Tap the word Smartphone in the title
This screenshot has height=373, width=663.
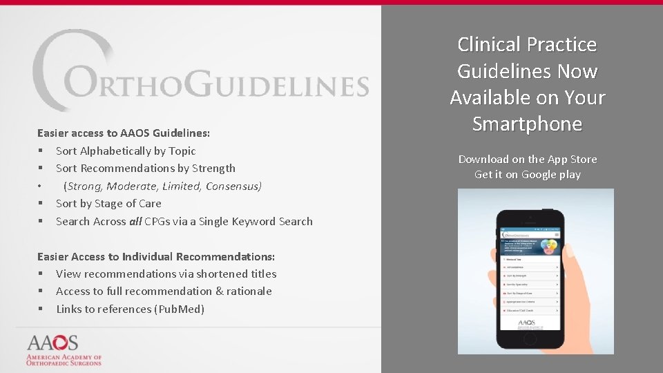pyautogui.click(x=527, y=124)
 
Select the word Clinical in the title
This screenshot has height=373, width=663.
pyautogui.click(x=490, y=45)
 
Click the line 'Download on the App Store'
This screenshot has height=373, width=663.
pyautogui.click(x=528, y=160)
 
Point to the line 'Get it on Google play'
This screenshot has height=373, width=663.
pyautogui.click(x=528, y=175)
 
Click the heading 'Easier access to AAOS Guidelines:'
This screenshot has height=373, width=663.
pyautogui.click(x=124, y=133)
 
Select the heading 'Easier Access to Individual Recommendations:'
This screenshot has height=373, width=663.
pyautogui.click(x=156, y=256)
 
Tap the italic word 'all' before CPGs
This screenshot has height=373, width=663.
pyautogui.click(x=135, y=222)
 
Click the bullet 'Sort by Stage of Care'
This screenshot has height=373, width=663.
pyautogui.click(x=108, y=204)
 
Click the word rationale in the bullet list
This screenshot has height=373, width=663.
pyautogui.click(x=249, y=291)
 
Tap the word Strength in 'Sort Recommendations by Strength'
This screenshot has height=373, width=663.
pyautogui.click(x=213, y=169)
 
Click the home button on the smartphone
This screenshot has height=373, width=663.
pyautogui.click(x=530, y=343)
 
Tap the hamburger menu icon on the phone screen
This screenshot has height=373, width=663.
pyautogui.click(x=557, y=236)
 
